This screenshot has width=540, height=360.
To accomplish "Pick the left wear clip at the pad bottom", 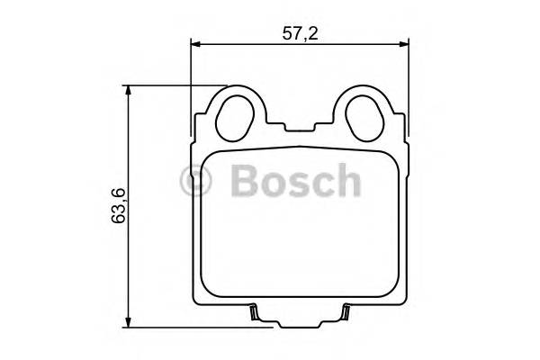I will coord(255,312).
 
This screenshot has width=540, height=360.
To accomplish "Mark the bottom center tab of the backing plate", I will coord(300,322).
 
